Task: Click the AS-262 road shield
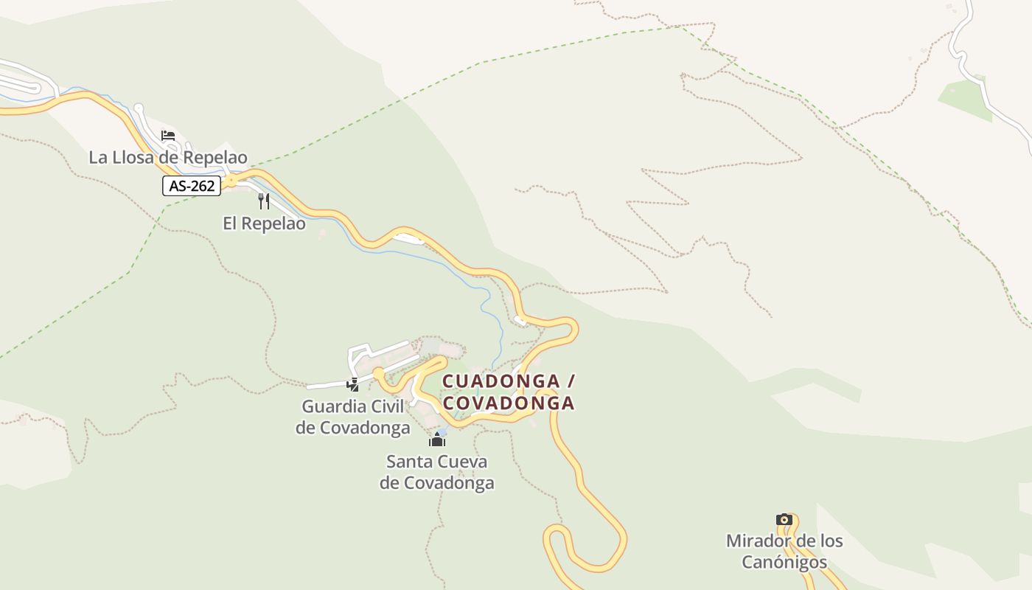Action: coord(192,186)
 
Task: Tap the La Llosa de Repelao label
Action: coord(168,157)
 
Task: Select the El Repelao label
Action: coord(264,223)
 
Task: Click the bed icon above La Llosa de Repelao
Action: coord(168,136)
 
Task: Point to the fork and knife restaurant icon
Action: coord(264,201)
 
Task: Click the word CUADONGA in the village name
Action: coord(501,381)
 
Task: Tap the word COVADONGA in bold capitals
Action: coord(508,403)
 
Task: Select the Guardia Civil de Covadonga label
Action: coord(353,417)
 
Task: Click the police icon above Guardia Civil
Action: coord(353,384)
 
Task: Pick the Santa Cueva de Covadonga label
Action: coord(437,472)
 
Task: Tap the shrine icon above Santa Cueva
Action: coord(437,441)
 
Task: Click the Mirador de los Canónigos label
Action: coord(784,551)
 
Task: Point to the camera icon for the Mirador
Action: coord(784,520)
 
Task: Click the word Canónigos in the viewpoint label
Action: coord(784,562)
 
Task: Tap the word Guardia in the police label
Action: coord(330,406)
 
